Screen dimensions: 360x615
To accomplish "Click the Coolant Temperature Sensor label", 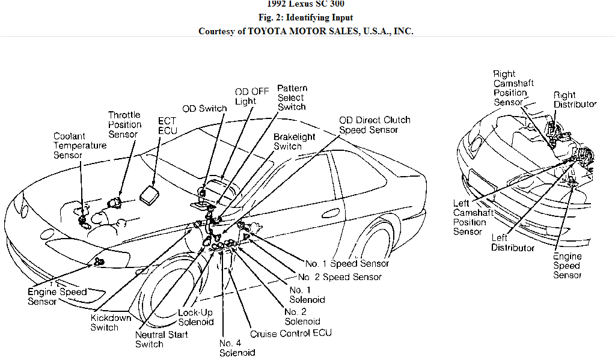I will (x=79, y=145).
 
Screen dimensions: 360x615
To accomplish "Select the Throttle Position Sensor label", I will (x=124, y=124).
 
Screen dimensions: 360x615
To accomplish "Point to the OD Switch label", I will (x=205, y=109).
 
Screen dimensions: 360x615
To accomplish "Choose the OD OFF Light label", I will (x=252, y=96).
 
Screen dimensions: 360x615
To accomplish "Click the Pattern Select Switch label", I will (x=291, y=97).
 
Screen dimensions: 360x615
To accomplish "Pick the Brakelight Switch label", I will (x=294, y=141).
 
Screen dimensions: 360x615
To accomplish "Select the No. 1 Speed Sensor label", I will (x=347, y=263).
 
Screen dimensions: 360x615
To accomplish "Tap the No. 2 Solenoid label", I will (x=302, y=316).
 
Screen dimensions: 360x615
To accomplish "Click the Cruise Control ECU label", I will (x=290, y=333).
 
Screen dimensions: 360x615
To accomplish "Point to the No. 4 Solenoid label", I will (x=237, y=347).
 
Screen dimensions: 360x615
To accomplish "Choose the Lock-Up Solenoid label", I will (x=195, y=317).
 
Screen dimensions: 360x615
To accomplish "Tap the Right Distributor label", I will (x=575, y=100).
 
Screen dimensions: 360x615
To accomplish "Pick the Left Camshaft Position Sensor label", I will (x=473, y=218).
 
